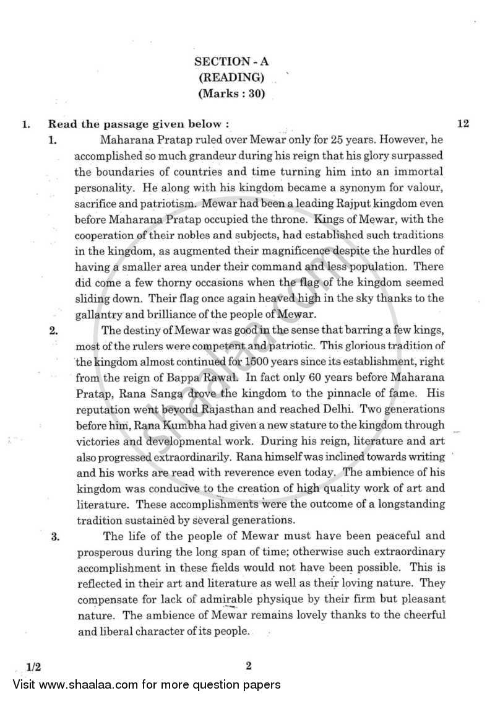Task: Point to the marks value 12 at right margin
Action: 463,124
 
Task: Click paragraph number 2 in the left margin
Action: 54,330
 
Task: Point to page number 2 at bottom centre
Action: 247,666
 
